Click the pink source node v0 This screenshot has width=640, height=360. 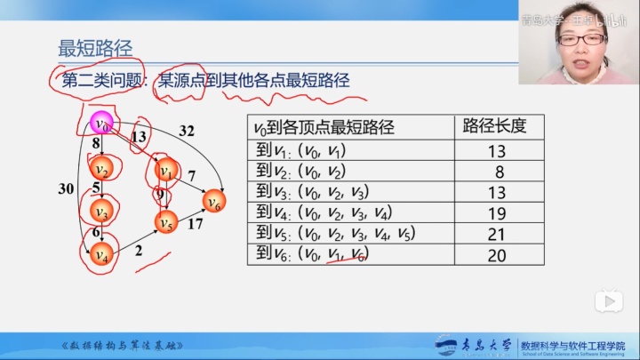pos(102,124)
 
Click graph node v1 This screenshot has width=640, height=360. pos(164,169)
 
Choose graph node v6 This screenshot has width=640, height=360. pos(213,202)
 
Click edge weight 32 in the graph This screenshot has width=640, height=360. pos(187,130)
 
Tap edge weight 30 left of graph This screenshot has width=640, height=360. pos(66,188)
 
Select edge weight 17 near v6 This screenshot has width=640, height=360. pos(196,224)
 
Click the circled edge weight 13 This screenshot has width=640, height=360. pos(139,137)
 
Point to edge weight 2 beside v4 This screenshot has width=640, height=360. pos(139,251)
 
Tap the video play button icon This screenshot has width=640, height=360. pos(607,301)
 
